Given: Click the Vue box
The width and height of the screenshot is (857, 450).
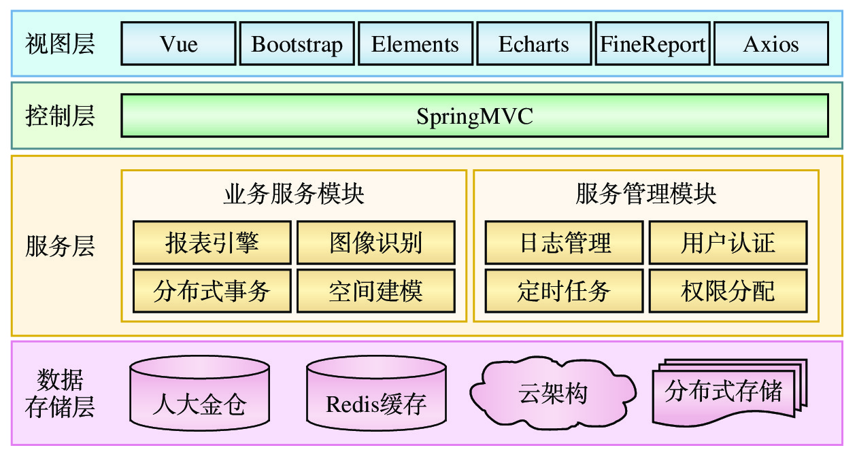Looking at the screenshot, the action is tap(178, 44).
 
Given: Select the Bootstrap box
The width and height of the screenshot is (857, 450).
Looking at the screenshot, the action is tap(297, 44).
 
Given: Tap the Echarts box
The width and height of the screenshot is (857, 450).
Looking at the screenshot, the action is tap(534, 44).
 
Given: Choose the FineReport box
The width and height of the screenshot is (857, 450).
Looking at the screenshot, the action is tap(652, 44).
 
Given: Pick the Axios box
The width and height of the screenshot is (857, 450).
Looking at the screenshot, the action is tap(771, 44).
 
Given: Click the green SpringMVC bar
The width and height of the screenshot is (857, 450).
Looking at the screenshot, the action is tap(475, 116).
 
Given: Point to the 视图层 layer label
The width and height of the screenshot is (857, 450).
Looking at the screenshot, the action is tap(60, 44).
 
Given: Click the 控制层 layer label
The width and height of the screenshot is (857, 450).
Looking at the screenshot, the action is tap(60, 116).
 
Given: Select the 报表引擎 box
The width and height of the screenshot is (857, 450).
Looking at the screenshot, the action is tap(212, 243).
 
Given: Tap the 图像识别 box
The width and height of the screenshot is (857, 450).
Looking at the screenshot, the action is tap(376, 243).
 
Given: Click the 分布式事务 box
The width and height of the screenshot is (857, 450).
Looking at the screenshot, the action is tap(212, 291).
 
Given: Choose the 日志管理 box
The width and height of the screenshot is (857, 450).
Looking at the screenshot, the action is tap(564, 243).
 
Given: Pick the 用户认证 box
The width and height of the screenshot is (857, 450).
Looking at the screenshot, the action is tap(728, 243).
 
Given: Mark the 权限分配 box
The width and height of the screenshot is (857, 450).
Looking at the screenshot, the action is tap(728, 291).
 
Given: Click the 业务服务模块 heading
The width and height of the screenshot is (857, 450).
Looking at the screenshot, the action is tap(294, 194).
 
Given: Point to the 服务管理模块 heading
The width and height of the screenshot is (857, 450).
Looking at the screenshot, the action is tap(646, 194).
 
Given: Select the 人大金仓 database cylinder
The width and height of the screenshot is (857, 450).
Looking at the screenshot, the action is tap(199, 393).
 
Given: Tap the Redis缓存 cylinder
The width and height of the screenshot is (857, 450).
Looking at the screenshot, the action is tap(376, 393).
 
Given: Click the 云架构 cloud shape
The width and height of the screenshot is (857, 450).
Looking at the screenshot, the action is tap(552, 393).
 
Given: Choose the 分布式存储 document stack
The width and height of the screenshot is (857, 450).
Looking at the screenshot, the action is tap(730, 392).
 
